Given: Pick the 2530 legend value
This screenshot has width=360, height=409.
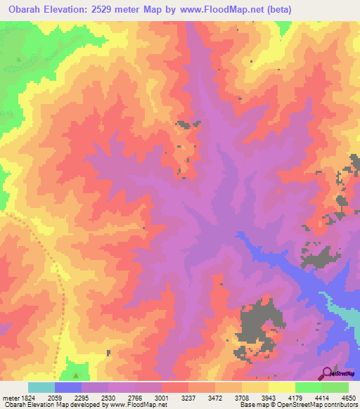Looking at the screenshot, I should click(x=108, y=398).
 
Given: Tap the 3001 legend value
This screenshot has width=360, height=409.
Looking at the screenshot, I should click(x=161, y=398).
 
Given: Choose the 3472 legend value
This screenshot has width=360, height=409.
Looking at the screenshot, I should click(x=214, y=398).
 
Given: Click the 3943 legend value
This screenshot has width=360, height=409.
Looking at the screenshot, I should click(x=268, y=398).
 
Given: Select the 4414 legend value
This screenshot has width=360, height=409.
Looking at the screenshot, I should click(x=321, y=398).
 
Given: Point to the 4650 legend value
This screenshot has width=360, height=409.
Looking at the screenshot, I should click(x=348, y=398).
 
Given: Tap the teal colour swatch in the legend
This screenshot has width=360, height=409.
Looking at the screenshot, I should click(x=41, y=387).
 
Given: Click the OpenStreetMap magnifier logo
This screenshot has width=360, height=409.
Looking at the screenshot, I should click(x=328, y=372).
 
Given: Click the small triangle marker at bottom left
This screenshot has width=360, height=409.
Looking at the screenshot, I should click(x=76, y=365).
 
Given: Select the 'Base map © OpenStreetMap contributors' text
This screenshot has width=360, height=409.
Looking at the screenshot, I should click(x=299, y=405).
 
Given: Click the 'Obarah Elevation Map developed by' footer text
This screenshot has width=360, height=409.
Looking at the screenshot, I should click(x=42, y=405).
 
